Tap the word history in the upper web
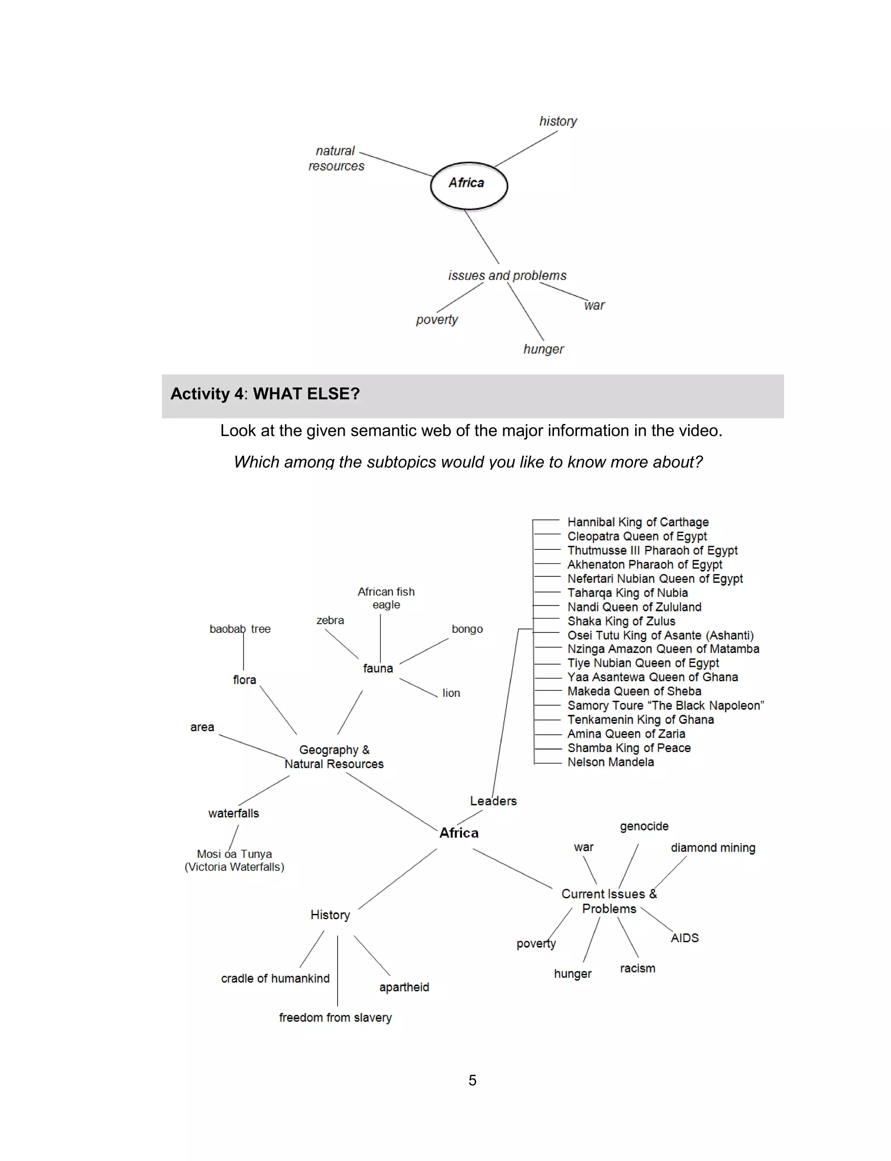(558, 121)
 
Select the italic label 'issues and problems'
(507, 276)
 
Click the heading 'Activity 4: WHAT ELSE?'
(265, 394)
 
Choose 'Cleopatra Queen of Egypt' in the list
(637, 536)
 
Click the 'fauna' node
(378, 669)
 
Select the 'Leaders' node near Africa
(492, 801)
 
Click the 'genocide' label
(644, 826)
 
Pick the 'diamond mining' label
(713, 848)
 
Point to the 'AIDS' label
(685, 938)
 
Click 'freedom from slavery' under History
(335, 1017)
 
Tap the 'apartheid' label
(404, 987)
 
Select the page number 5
(472, 1081)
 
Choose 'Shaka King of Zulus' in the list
(621, 621)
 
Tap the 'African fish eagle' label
(386, 598)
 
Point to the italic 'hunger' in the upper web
(544, 349)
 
